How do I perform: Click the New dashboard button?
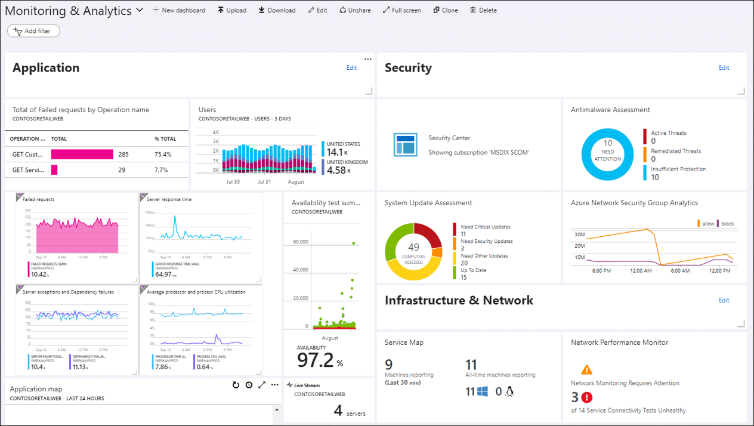click(x=179, y=10)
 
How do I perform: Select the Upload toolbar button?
click(x=232, y=10)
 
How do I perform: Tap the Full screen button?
click(x=401, y=10)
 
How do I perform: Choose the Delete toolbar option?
click(x=483, y=10)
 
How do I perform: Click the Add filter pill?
click(x=33, y=31)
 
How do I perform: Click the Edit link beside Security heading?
click(x=724, y=67)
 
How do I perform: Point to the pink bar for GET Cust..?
click(x=82, y=155)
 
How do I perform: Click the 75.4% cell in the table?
click(x=163, y=155)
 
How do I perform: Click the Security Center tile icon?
click(x=405, y=145)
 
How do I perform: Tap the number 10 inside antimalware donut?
click(x=608, y=143)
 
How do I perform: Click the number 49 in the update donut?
click(x=413, y=248)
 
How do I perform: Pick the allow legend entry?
click(x=705, y=224)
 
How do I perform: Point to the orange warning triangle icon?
click(x=587, y=370)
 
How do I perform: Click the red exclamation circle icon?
click(x=587, y=397)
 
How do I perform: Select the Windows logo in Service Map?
click(x=483, y=392)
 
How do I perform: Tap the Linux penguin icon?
click(x=509, y=392)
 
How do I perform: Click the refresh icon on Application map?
click(x=236, y=385)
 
